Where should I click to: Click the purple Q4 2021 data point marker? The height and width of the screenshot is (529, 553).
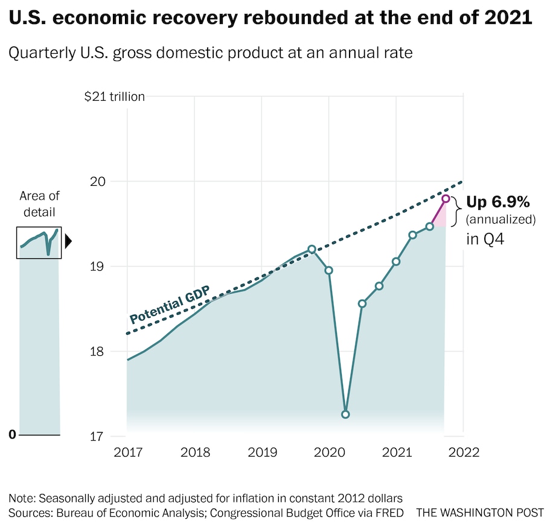click(x=446, y=198)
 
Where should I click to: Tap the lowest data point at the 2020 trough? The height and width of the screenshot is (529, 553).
click(x=345, y=414)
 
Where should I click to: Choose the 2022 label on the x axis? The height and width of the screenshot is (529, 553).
click(x=463, y=452)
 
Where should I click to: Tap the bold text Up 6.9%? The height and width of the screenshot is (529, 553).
click(x=497, y=202)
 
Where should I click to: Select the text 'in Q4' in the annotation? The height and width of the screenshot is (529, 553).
click(x=485, y=239)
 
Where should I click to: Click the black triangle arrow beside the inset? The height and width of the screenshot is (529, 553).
click(x=68, y=242)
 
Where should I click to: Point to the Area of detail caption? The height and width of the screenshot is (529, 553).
click(x=39, y=204)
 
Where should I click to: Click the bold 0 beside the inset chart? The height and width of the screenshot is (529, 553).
click(x=12, y=435)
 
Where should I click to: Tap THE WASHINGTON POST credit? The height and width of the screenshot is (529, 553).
click(x=480, y=513)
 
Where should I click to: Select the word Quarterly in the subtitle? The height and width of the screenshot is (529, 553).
click(x=37, y=53)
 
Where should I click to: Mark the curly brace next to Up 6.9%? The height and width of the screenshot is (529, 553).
click(x=458, y=211)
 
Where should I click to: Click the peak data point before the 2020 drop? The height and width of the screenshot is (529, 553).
click(x=312, y=249)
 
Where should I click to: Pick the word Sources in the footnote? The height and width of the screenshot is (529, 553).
click(x=28, y=513)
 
